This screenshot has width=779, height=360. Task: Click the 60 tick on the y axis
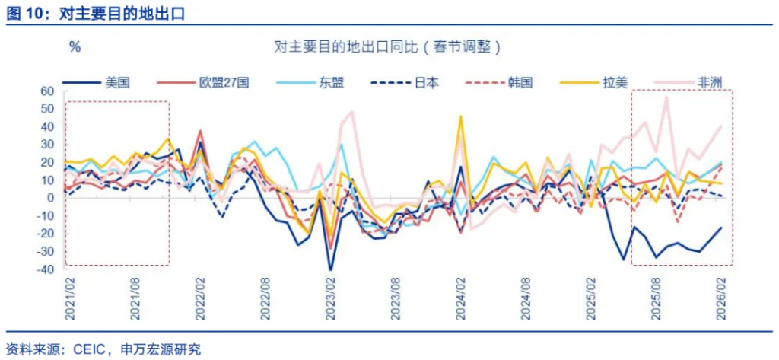click(x=47, y=91)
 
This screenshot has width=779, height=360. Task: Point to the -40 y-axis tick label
click(x=45, y=269)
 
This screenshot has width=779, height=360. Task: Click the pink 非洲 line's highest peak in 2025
click(x=666, y=97)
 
